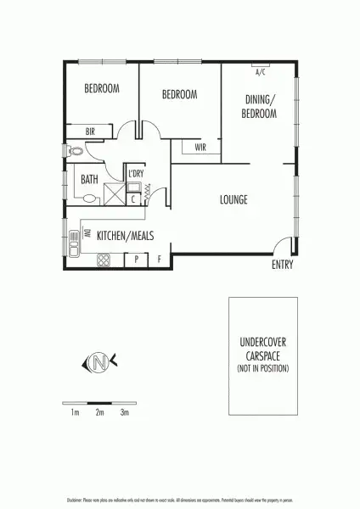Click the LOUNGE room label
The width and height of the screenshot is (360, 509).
point(233,200)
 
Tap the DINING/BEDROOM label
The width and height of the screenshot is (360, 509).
point(260,106)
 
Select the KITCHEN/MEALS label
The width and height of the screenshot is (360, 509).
point(125,235)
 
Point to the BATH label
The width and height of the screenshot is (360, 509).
point(89,179)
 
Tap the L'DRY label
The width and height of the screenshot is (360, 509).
point(135,173)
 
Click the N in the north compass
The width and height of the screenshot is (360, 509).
point(99,364)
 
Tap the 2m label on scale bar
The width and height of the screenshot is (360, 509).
point(99,412)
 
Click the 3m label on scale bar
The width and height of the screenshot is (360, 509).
point(124,412)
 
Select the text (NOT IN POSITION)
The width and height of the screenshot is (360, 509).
point(262,369)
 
